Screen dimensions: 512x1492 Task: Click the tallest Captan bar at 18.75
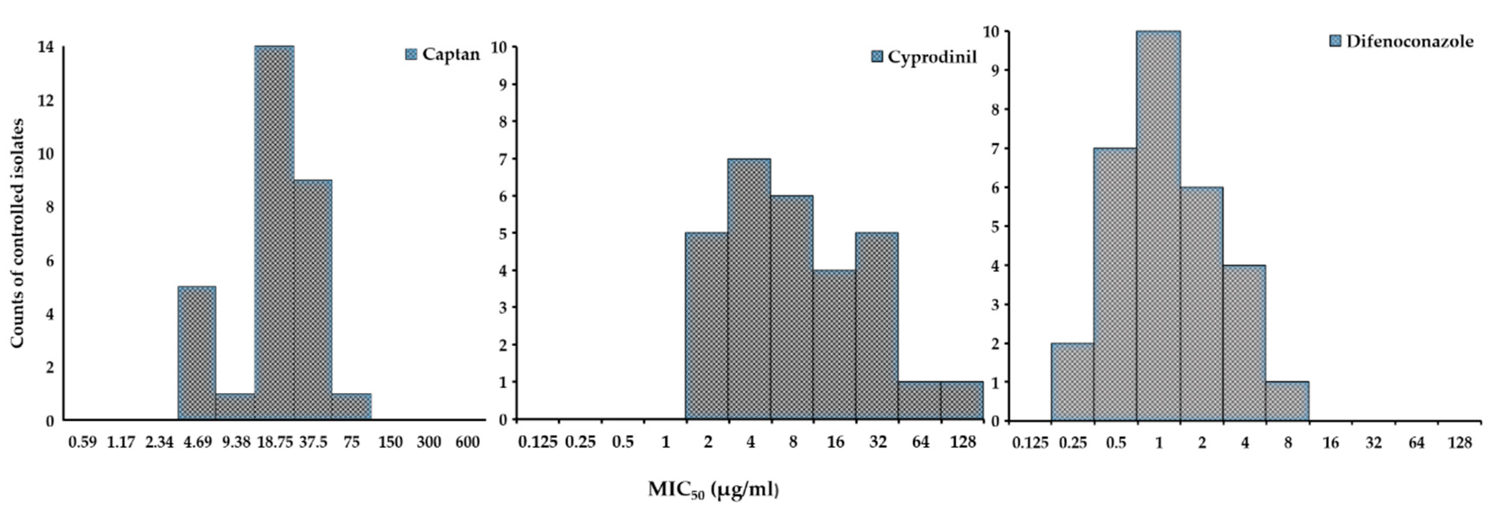pyautogui.click(x=274, y=232)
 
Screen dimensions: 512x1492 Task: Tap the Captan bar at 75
pyautogui.click(x=352, y=407)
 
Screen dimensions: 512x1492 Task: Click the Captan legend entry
pyautogui.click(x=443, y=54)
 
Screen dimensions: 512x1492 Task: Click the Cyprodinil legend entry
pyautogui.click(x=925, y=57)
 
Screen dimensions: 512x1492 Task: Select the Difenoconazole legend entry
pyautogui.click(x=1402, y=41)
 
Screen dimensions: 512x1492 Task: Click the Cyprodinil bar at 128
pyautogui.click(x=962, y=400)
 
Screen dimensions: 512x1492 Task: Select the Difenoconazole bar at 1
pyautogui.click(x=1159, y=226)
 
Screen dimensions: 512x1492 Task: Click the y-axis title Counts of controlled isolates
pyautogui.click(x=17, y=233)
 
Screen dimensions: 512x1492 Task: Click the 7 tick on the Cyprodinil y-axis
pyautogui.click(x=503, y=159)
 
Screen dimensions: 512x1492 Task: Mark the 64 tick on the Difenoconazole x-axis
pyautogui.click(x=1416, y=443)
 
